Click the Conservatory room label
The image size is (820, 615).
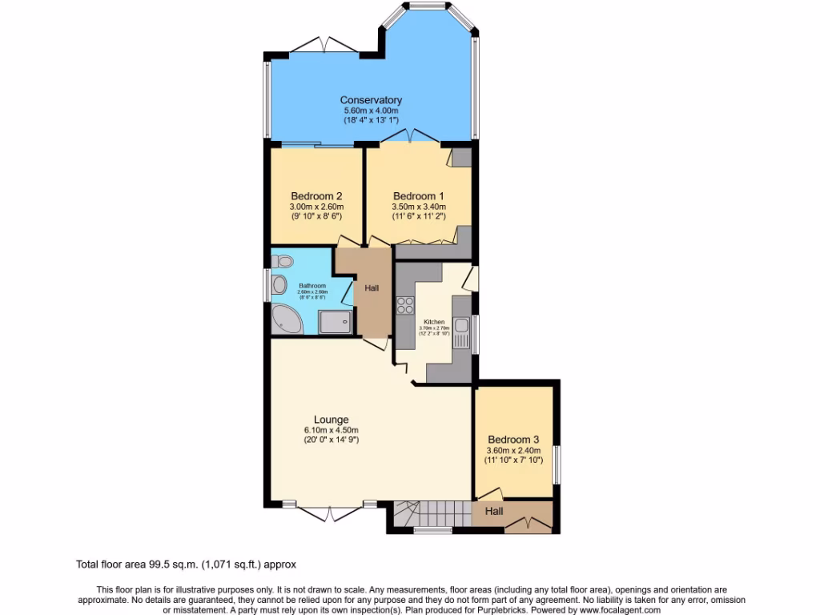tap(371, 100)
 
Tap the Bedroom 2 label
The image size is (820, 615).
tap(316, 196)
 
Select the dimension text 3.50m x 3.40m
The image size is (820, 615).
tap(419, 207)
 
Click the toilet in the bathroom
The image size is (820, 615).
tap(283, 261)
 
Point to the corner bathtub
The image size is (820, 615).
tap(286, 320)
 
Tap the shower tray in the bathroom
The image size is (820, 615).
tap(335, 322)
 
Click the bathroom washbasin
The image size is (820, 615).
tap(279, 284)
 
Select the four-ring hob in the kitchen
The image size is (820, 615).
tap(404, 304)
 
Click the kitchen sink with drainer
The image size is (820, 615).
tap(461, 332)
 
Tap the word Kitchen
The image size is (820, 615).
tap(433, 322)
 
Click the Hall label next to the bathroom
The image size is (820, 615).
tap(372, 288)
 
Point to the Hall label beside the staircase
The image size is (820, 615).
tap(493, 511)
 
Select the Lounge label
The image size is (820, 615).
tap(331, 420)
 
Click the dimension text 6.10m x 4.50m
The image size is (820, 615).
tap(331, 430)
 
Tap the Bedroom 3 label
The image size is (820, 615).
tap(513, 440)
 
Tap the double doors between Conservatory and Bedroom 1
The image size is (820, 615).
tap(410, 136)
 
